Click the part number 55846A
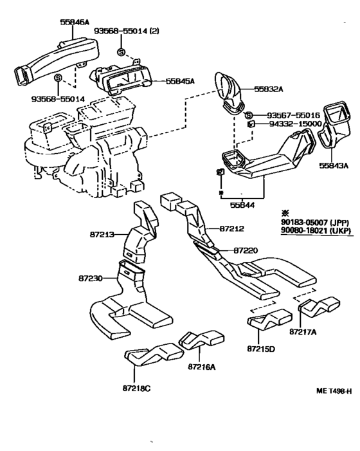pyautogui.click(x=75, y=22)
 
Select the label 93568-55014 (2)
pyautogui.click(x=127, y=31)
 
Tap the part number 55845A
pyautogui.click(x=180, y=81)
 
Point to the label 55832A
pyautogui.click(x=268, y=89)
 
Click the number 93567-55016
pyautogui.click(x=293, y=115)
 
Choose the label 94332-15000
pyautogui.click(x=295, y=124)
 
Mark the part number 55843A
pyautogui.click(x=334, y=165)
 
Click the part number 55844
pyautogui.click(x=242, y=205)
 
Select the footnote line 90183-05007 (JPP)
pyautogui.click(x=315, y=223)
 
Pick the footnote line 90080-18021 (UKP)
pyautogui.click(x=316, y=231)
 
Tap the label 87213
pyautogui.click(x=102, y=234)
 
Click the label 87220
pyautogui.click(x=246, y=250)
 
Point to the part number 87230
pyautogui.click(x=91, y=279)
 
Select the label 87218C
pyautogui.click(x=137, y=389)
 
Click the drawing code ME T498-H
pyautogui.click(x=334, y=391)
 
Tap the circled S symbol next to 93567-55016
pyautogui.click(x=249, y=115)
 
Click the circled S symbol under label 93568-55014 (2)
pyautogui.click(x=122, y=52)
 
